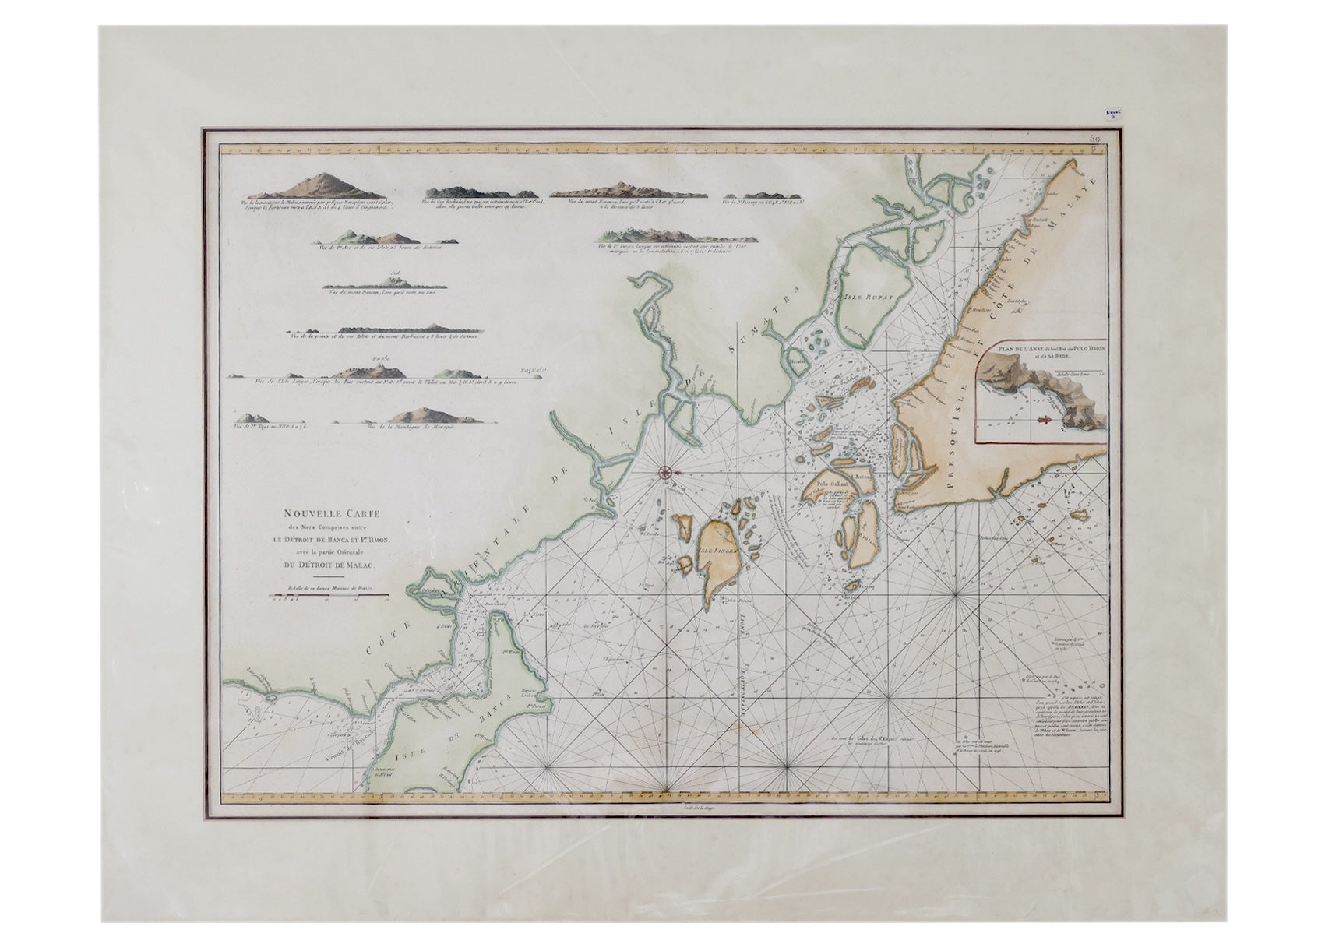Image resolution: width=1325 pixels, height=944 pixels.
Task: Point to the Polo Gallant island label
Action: pyautogui.click(x=830, y=484)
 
